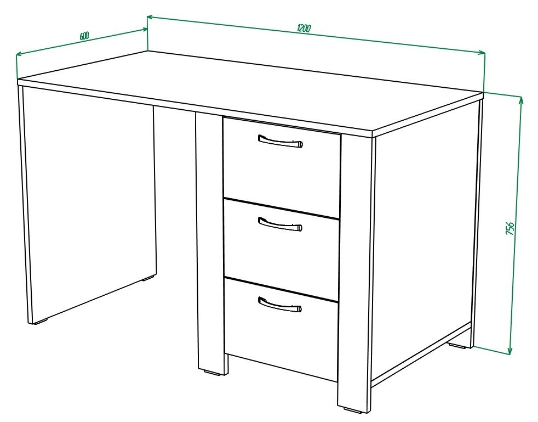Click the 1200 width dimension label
[x=304, y=28]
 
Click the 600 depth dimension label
[x=84, y=36]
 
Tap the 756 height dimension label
[x=510, y=228]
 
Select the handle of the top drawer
[x=281, y=141]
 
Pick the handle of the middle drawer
[x=280, y=224]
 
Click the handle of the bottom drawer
[x=280, y=305]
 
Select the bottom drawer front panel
[x=281, y=329]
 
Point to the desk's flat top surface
[x=250, y=91]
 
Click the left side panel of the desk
[x=89, y=206]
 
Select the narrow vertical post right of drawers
[x=355, y=272]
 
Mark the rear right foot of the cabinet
[x=458, y=346]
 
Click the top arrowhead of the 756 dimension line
[x=521, y=100]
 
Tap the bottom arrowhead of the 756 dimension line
[x=510, y=350]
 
